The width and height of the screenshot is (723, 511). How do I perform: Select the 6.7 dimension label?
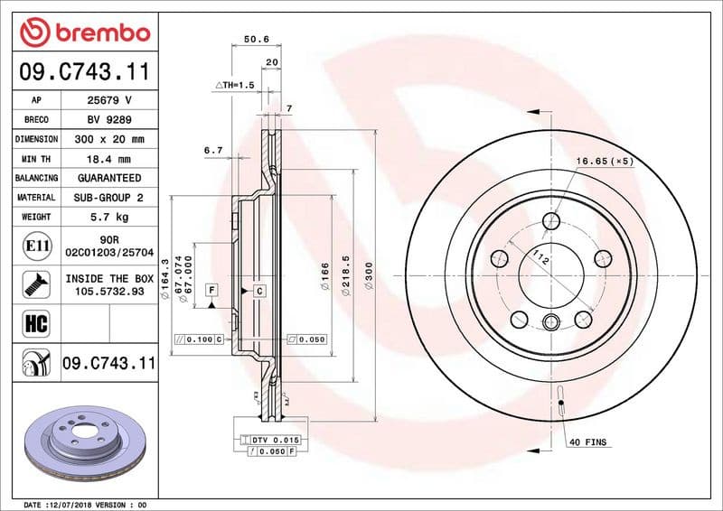[x=213, y=150]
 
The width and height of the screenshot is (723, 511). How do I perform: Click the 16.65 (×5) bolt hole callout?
[x=603, y=161]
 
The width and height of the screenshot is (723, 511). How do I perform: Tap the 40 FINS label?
[x=588, y=443]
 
